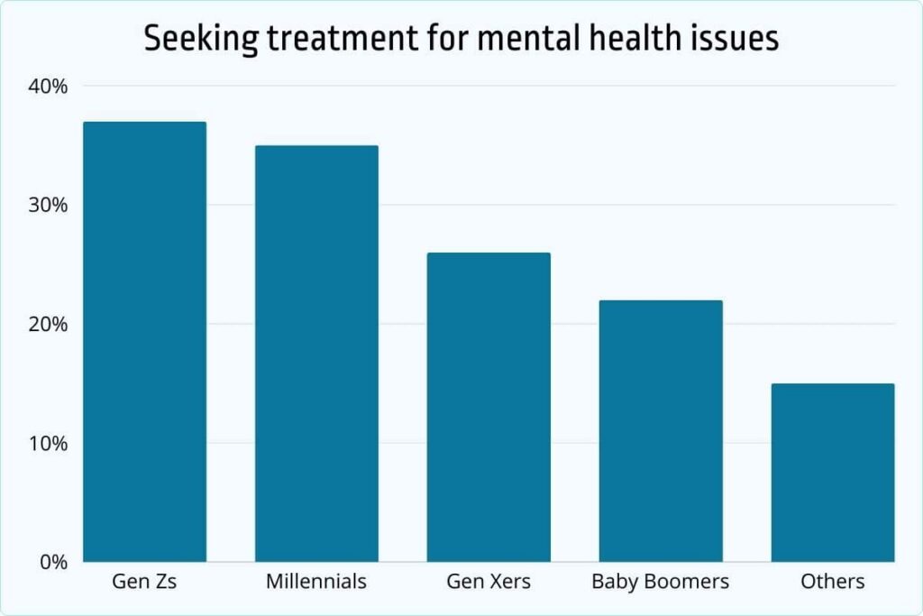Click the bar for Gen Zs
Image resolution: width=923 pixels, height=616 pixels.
click(144, 342)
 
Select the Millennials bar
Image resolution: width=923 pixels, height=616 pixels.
click(316, 354)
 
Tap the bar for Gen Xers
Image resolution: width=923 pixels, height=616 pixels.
click(489, 408)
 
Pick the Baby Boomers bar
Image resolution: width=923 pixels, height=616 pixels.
click(661, 431)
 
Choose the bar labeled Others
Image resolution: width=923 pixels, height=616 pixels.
click(833, 473)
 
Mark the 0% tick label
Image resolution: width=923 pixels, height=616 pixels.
click(55, 563)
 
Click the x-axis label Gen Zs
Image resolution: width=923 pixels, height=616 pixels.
click(144, 582)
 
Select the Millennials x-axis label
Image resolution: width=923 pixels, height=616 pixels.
click(316, 582)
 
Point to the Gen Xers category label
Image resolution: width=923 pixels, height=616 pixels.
click(489, 582)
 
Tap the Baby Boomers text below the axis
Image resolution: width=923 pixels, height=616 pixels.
click(661, 582)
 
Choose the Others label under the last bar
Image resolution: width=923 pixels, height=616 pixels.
click(833, 582)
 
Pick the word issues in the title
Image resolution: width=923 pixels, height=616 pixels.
click(737, 41)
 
